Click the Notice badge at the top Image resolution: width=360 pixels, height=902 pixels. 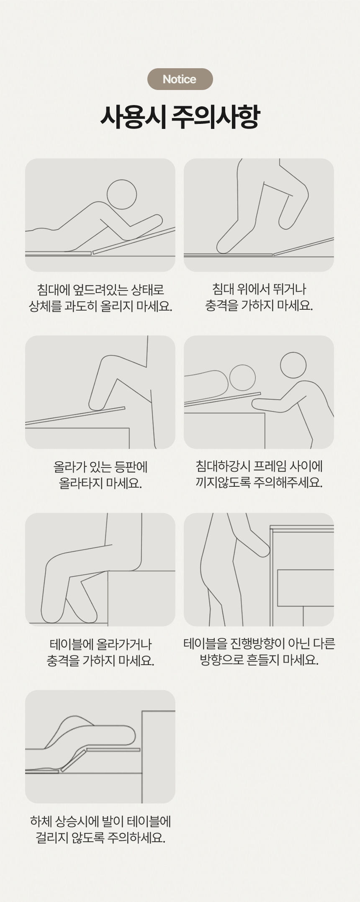[180, 79]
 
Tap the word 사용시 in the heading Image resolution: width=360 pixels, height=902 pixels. [134, 117]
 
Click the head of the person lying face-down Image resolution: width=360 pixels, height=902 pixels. [122, 195]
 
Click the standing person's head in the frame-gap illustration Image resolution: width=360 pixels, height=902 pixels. [293, 365]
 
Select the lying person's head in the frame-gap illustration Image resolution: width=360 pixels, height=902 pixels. [242, 378]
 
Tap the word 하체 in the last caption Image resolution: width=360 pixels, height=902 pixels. [41, 821]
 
